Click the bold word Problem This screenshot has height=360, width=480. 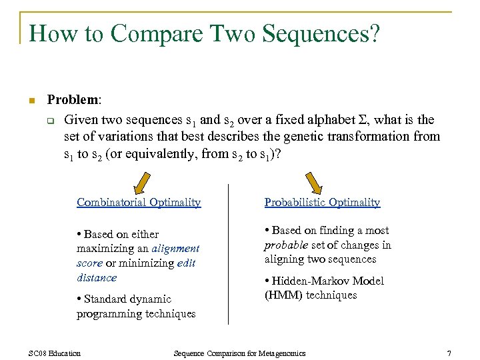pyautogui.click(x=73, y=100)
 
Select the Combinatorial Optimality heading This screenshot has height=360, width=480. pyautogui.click(x=139, y=203)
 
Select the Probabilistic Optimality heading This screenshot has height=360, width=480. pyautogui.click(x=322, y=203)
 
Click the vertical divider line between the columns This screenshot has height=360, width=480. pyautogui.click(x=229, y=254)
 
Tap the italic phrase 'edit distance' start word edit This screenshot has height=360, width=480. pyautogui.click(x=186, y=263)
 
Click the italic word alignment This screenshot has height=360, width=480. pyautogui.click(x=175, y=249)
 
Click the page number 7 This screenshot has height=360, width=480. pyautogui.click(x=449, y=353)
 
